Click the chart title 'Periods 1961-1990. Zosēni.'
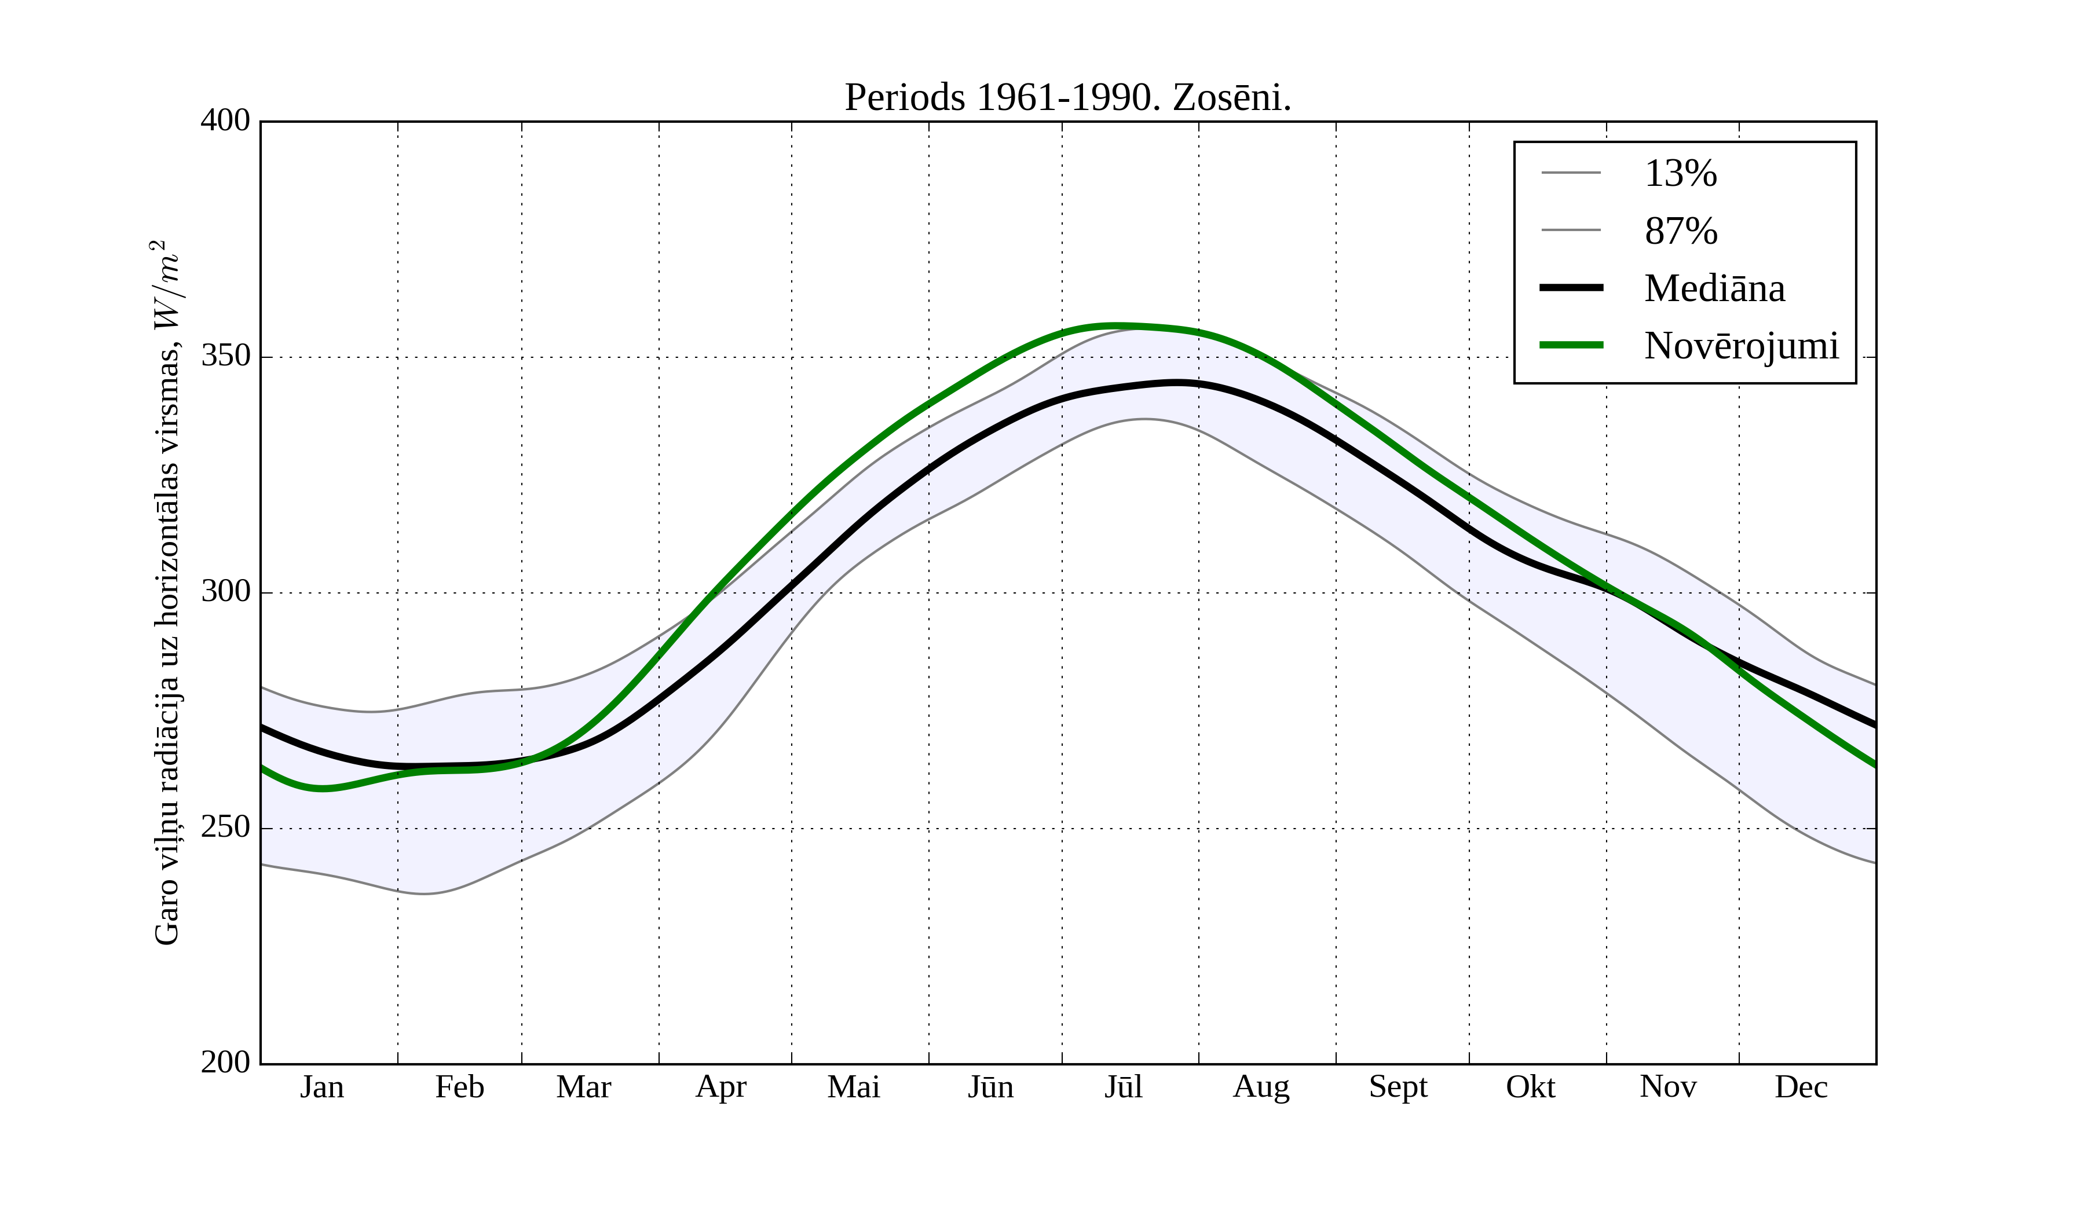[1067, 98]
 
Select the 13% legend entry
[1680, 174]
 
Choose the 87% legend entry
[1680, 231]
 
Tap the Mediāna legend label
[1714, 288]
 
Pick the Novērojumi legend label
[1741, 346]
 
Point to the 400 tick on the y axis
[225, 121]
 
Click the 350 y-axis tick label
[225, 357]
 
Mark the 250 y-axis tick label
[225, 827]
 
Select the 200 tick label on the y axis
[225, 1062]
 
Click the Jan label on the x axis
[322, 1087]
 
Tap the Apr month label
[720, 1087]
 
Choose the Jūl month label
[1124, 1087]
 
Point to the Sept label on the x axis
[1398, 1087]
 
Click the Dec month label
[1801, 1087]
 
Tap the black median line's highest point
[1176, 382]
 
